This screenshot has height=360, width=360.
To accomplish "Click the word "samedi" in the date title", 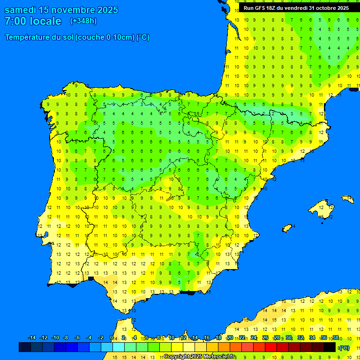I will [x=21, y=10].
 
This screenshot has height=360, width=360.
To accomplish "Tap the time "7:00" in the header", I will [x=15, y=21].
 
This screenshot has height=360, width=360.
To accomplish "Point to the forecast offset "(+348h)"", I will [x=83, y=21].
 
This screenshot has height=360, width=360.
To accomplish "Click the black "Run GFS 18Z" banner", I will [x=296, y=8].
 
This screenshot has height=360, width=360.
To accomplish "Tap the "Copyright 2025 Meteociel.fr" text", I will [x=199, y=357].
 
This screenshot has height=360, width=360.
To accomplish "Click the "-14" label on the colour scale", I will [x=32, y=338].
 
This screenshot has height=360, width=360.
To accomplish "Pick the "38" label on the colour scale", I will [x=336, y=338].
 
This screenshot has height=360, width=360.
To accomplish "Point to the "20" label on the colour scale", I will [x=230, y=338].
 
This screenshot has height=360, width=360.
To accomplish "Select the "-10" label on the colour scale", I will [x=55, y=338].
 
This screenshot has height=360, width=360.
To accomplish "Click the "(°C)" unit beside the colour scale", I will [x=344, y=348].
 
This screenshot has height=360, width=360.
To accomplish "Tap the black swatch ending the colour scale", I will [x=330, y=347].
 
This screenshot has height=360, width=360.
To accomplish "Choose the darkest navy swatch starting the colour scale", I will [x=25, y=347].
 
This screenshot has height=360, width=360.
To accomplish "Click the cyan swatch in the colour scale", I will [x=119, y=347].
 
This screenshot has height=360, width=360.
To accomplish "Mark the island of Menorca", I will [x=347, y=199].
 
